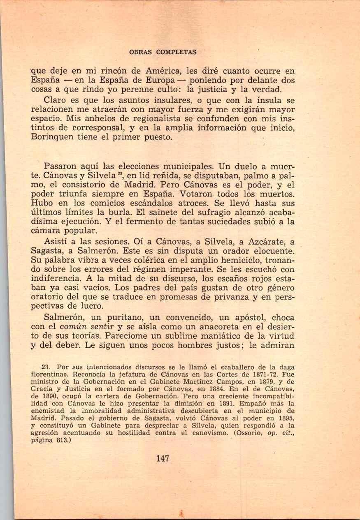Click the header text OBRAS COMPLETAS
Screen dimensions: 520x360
click(163, 52)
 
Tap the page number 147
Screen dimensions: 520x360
click(163, 459)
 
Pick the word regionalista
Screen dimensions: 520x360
click(141, 118)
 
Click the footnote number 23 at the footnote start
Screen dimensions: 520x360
click(46, 367)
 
